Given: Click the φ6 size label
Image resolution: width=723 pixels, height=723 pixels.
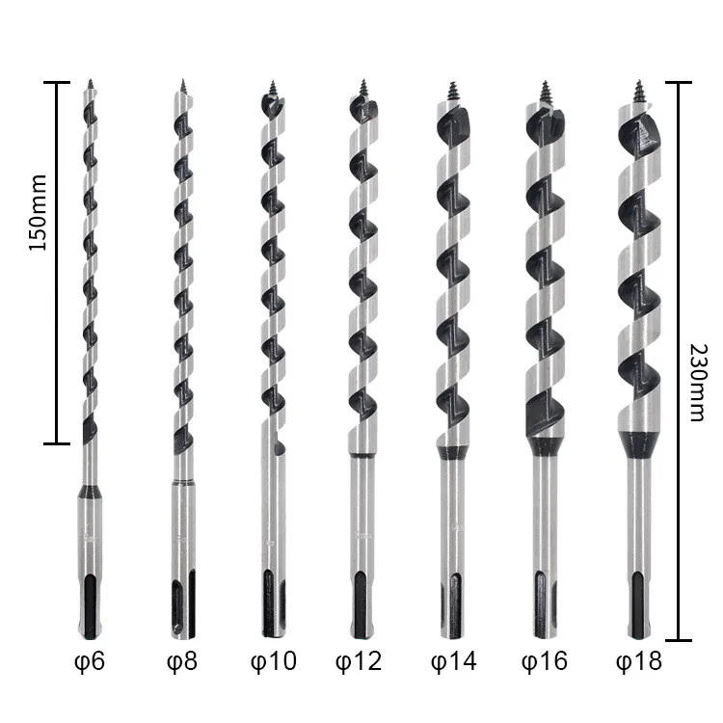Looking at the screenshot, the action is (x=90, y=661).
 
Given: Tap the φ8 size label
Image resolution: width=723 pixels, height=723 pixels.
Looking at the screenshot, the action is (x=182, y=661).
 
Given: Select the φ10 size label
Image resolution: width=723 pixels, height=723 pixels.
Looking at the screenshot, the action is (x=274, y=661).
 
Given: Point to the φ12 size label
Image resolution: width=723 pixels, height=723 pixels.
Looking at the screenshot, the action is (x=359, y=661).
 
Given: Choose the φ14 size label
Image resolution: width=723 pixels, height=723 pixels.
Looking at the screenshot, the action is (x=454, y=661).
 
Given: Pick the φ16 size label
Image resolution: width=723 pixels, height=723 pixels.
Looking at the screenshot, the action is (x=545, y=661).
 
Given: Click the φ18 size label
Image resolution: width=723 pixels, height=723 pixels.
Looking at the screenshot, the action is (x=639, y=661).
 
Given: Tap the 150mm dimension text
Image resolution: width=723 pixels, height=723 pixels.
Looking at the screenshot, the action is (x=38, y=213).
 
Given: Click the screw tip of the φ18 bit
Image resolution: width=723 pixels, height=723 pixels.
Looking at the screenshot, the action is (x=639, y=92).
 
